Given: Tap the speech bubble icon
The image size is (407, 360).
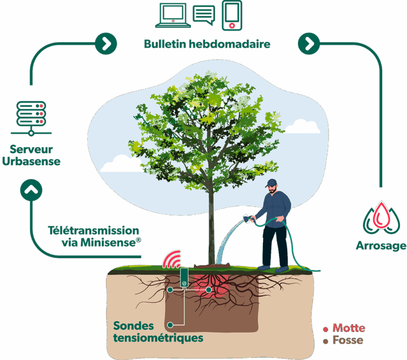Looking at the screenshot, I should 204,15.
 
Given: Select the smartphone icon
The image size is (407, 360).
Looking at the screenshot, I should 232,15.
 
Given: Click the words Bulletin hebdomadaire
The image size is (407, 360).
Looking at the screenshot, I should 207,44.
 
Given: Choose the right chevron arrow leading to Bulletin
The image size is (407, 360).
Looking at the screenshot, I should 106,43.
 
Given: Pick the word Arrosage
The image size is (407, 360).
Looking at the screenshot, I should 380,246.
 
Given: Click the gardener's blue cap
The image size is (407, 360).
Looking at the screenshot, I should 272,183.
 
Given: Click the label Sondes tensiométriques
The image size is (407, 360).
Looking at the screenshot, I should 158,331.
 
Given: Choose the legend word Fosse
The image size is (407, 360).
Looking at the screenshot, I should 348,340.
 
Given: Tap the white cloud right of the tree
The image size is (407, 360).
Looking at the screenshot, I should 303,127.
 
